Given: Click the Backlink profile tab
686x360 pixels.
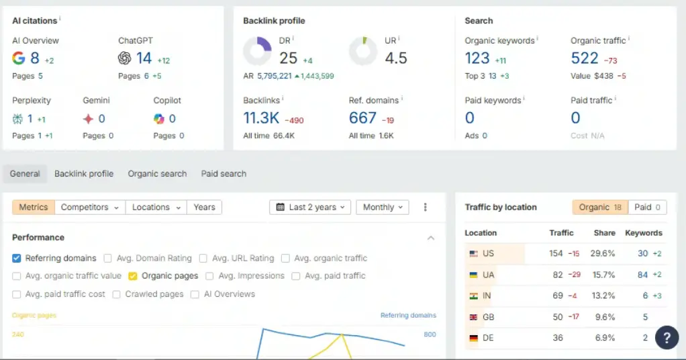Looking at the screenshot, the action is (x=83, y=174).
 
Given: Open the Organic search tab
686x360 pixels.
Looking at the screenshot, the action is (x=157, y=174).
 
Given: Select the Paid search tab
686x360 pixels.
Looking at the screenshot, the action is (x=224, y=174).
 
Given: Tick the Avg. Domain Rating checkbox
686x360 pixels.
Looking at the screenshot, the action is (x=107, y=259).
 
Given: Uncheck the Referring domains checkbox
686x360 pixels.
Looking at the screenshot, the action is (x=17, y=259).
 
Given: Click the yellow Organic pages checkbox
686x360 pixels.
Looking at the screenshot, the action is (x=132, y=276).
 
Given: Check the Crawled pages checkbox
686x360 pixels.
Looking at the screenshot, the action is (x=116, y=294).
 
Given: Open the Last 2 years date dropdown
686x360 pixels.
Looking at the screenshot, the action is (x=310, y=207).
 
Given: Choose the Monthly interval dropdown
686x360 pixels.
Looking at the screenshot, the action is (x=383, y=207).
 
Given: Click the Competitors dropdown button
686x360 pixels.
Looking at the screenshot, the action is (x=90, y=207).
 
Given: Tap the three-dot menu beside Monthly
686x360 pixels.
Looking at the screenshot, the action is (x=426, y=207).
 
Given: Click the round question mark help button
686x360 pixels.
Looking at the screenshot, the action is (x=667, y=337).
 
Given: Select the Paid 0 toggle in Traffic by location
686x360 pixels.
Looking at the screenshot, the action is (x=648, y=207).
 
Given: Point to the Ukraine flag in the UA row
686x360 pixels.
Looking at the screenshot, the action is (x=473, y=275).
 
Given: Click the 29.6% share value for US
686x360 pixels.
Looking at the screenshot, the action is (x=603, y=254).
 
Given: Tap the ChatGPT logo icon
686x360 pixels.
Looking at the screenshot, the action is (x=124, y=58).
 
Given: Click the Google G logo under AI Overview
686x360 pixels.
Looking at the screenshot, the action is (x=18, y=58).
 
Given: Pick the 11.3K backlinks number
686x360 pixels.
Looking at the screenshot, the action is (x=261, y=118).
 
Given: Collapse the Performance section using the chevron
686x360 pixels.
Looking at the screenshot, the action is (x=431, y=238).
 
